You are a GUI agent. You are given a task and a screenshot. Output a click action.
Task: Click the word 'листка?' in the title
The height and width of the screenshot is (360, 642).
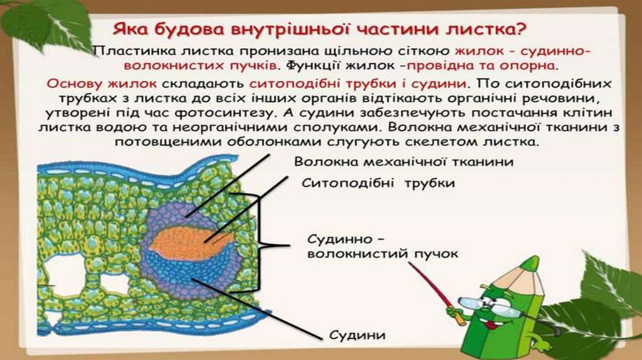coord(487,29)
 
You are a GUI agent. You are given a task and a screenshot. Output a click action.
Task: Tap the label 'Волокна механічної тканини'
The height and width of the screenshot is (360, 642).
coord(404,162)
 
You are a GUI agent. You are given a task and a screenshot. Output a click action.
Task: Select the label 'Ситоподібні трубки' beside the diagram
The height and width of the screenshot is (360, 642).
coord(378,183)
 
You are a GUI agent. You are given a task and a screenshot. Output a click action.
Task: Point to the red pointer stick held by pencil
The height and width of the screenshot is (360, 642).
coord(432,285)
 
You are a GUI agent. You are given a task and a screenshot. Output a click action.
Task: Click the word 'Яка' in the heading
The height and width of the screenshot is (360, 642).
coord(129,29)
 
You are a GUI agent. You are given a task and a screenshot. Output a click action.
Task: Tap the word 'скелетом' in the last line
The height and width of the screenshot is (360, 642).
coord(444,143)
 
